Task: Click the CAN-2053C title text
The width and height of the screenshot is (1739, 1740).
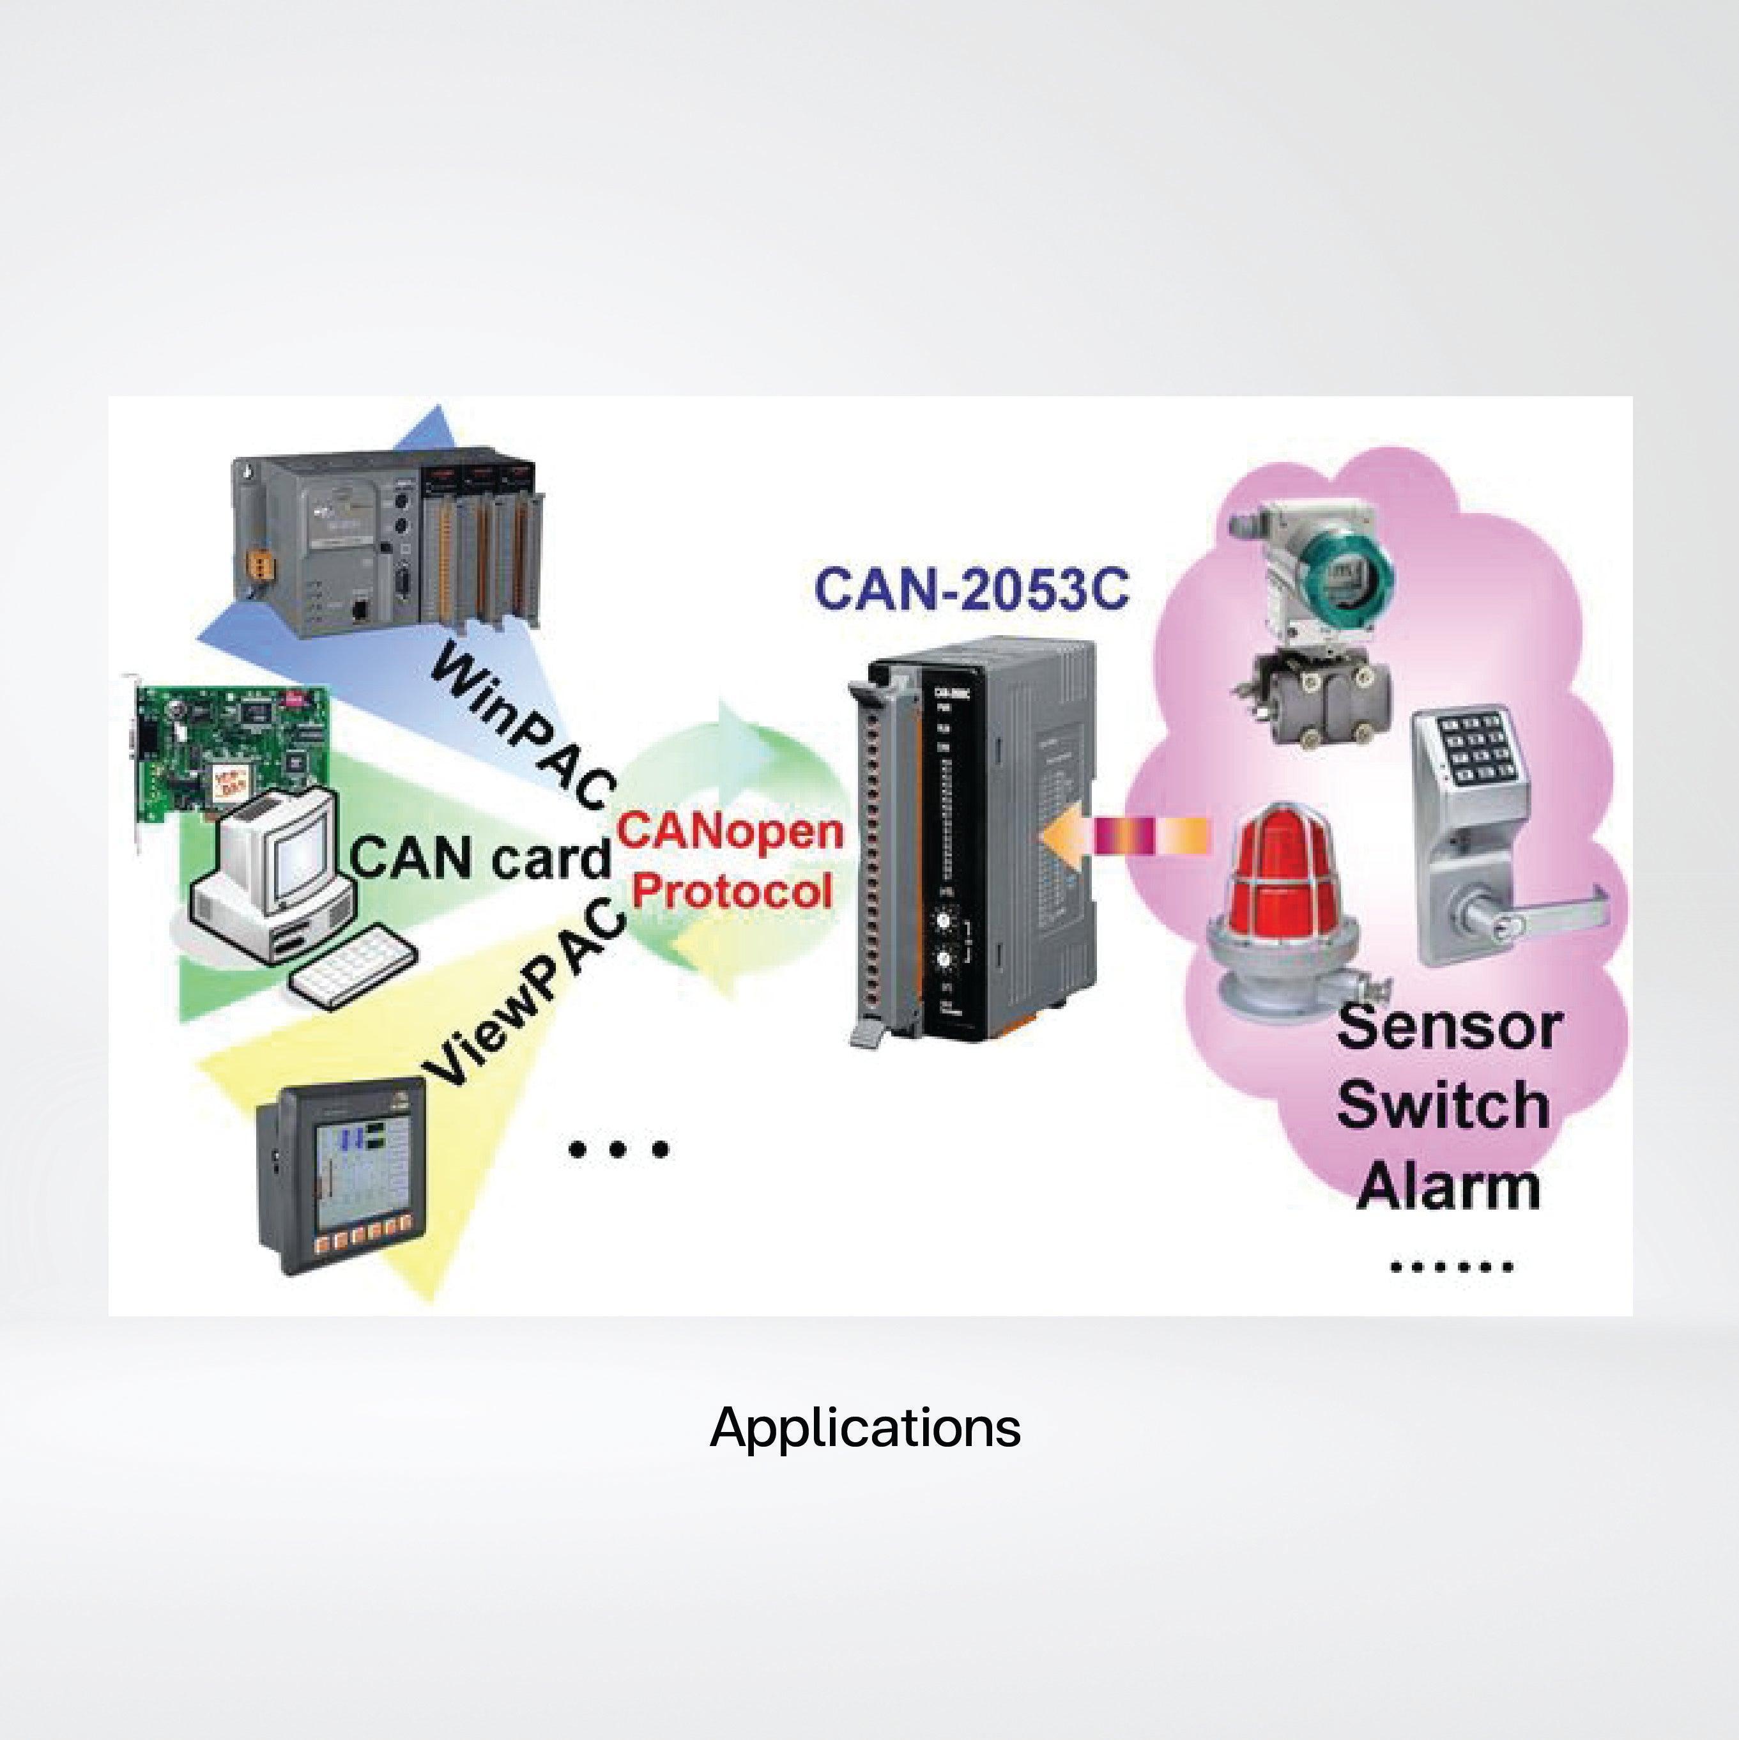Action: coord(971,590)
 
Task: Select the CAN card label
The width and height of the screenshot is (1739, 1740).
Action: coord(480,858)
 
